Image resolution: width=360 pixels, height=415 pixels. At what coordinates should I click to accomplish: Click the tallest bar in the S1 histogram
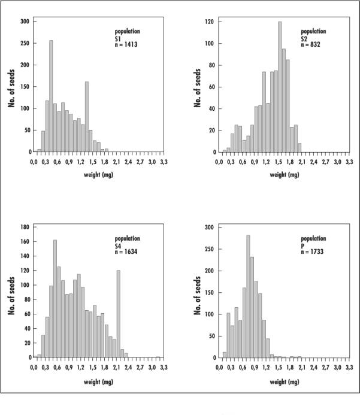pos(51,96)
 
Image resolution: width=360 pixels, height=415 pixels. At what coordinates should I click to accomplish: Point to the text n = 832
pos(312,44)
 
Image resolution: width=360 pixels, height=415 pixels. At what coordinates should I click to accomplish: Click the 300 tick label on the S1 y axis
pos(25,22)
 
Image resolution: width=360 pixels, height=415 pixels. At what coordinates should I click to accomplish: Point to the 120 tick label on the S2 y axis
pos(210,22)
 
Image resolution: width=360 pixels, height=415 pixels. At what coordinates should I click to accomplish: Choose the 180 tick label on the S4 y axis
pos(25,227)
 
